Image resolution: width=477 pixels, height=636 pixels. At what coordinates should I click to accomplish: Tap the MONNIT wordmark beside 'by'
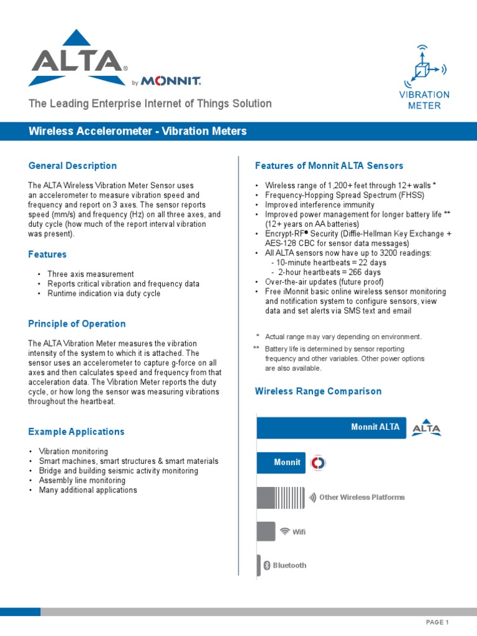tap(171, 81)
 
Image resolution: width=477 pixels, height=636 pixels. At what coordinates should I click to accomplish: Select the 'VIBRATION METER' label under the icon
tap(424, 100)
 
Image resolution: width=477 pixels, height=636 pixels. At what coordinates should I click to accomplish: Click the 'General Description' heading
tap(73, 166)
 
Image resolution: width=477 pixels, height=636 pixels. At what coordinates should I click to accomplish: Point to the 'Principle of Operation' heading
tap(77, 324)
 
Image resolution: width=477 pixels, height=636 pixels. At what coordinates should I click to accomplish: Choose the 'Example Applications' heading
tap(76, 432)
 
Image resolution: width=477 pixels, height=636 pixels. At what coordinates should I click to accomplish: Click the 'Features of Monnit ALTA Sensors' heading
tap(329, 166)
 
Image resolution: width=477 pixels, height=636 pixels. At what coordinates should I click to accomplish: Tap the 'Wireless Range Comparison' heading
tap(318, 391)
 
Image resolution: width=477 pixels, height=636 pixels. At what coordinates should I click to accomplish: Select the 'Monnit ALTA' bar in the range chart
tap(332, 427)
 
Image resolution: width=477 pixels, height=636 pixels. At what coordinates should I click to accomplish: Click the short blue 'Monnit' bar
tap(281, 463)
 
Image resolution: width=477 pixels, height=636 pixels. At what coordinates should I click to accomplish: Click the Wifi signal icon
tap(285, 532)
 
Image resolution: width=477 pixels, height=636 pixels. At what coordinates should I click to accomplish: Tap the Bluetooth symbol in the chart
tap(266, 565)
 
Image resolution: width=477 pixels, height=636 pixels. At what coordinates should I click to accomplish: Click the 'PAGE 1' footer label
tap(437, 622)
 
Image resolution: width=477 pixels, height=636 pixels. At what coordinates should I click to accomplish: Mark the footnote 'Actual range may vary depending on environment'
tap(343, 337)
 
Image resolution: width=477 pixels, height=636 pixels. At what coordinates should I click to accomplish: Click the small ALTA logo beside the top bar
tap(427, 427)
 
